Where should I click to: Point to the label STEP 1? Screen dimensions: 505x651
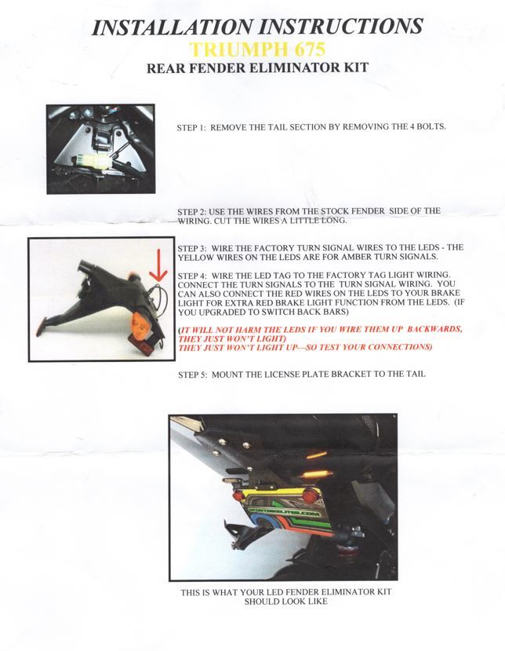(x=191, y=127)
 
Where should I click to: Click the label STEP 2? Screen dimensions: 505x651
(x=192, y=211)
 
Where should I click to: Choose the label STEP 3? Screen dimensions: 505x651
(x=192, y=248)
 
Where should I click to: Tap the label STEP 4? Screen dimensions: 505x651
(x=192, y=276)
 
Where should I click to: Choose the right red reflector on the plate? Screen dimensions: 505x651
(x=308, y=496)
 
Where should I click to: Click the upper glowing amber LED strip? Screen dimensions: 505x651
(x=317, y=455)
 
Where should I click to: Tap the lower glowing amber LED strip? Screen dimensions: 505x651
(x=318, y=474)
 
